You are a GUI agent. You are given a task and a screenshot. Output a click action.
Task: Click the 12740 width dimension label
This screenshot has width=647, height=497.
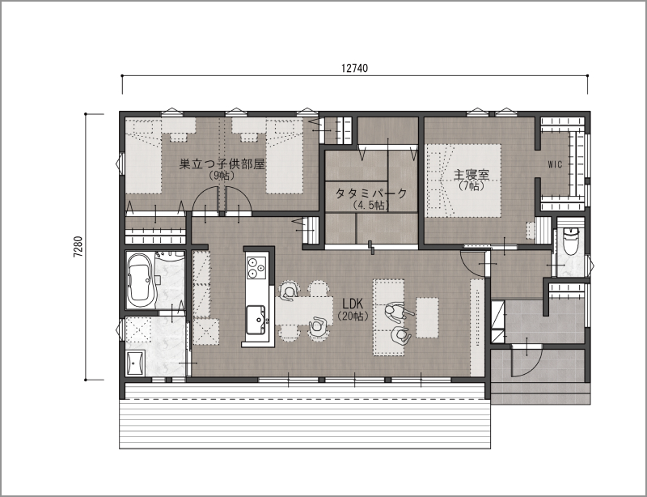(x=354, y=68)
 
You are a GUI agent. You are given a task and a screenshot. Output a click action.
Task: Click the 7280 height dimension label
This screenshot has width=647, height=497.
(x=78, y=247)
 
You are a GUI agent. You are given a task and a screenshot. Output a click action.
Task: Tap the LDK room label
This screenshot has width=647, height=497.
(x=353, y=304)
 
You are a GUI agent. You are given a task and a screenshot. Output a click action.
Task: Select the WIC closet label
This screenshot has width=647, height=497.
(x=555, y=164)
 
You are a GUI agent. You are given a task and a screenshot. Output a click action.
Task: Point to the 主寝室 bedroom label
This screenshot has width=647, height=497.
(x=472, y=175)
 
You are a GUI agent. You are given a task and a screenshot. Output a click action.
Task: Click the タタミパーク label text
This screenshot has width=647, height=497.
(x=371, y=193)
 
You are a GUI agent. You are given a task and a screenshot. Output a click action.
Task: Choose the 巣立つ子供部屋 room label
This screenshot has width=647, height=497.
(x=222, y=164)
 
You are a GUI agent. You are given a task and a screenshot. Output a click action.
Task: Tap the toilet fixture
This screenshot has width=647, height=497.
(x=571, y=242)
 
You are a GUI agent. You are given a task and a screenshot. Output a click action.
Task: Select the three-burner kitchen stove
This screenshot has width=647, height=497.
(x=256, y=267)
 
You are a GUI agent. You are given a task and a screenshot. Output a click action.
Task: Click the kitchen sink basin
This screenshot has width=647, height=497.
(x=256, y=320)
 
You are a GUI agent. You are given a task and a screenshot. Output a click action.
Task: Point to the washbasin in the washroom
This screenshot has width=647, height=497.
(x=135, y=363)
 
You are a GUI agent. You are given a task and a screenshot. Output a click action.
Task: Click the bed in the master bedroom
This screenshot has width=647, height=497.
(x=463, y=181)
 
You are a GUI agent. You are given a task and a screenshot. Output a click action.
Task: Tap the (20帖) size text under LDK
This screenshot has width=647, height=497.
(x=353, y=316)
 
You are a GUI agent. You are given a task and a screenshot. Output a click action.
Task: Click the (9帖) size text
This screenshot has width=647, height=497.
(x=222, y=176)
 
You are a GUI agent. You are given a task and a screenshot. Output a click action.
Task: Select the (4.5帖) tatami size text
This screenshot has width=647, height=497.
(x=371, y=206)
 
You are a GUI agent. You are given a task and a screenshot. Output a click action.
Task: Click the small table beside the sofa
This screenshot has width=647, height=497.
(x=427, y=317)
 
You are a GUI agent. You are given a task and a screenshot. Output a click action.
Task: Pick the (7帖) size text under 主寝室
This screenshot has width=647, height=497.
(x=472, y=186)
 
